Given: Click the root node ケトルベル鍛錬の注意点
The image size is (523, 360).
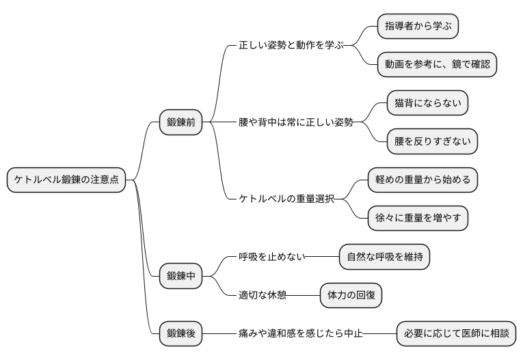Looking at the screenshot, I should point(66,180).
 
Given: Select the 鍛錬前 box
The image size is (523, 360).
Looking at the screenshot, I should point(181,122).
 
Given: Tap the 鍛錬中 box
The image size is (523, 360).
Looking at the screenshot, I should point(181,276).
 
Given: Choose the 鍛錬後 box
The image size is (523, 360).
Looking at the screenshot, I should point(181,333).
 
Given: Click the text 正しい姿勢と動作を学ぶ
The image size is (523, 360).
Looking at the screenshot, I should point(291,46).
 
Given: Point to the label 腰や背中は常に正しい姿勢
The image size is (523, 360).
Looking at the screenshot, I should point(295,122).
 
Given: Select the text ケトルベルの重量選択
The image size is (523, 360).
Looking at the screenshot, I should point(286,199).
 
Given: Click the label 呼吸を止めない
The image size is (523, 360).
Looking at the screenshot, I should point(267,257).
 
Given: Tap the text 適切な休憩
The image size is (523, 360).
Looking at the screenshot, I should point(262,295).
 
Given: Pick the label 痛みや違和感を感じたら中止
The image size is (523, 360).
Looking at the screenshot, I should point(300,333).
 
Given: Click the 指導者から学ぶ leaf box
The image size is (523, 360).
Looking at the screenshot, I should point(418,27).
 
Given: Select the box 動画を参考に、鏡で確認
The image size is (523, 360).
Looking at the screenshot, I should point(436,65).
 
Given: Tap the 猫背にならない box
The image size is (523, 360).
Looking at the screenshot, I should point(427,103).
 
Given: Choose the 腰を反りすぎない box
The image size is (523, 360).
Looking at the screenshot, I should point(431,141).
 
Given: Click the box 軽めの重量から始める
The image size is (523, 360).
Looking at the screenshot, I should point(422,180).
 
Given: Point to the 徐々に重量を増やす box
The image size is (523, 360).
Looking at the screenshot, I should point(418,218).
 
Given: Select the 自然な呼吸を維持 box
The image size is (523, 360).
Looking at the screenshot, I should point(384,257).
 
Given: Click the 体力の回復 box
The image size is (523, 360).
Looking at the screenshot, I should point(351,295).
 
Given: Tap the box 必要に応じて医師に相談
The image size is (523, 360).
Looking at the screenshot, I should point(455,333).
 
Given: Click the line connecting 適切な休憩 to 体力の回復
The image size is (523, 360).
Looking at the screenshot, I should point(304,295).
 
